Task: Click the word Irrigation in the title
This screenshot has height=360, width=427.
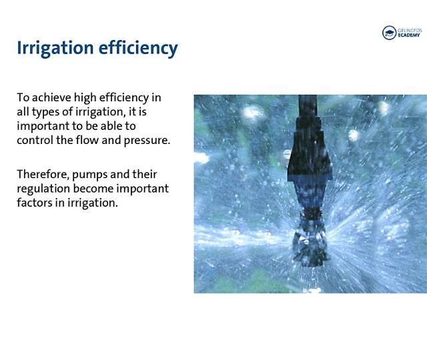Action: [x=55, y=49]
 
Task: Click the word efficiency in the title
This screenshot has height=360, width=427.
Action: [x=138, y=49]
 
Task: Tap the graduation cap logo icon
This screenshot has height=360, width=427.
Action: [x=389, y=33]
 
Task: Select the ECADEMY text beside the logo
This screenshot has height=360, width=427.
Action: [x=408, y=35]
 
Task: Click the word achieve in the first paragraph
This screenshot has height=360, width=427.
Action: [x=51, y=97]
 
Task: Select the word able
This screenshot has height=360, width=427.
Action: [x=113, y=126]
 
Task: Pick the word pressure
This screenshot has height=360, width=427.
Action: [x=147, y=141]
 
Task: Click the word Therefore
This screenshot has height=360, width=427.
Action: [x=43, y=175]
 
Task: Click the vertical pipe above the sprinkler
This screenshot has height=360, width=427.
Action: [x=308, y=106]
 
